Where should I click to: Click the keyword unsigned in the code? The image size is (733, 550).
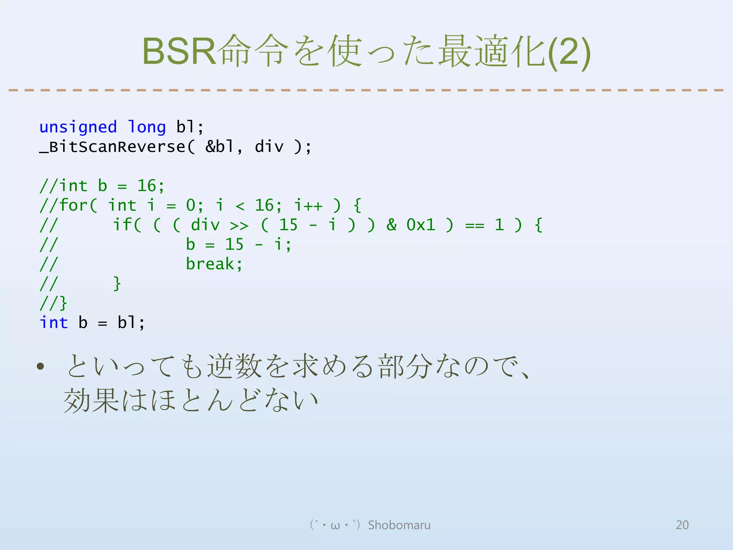(78, 127)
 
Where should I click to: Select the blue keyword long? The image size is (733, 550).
(147, 127)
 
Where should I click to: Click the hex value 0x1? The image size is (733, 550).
(421, 225)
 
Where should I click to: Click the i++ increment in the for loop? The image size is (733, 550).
(308, 206)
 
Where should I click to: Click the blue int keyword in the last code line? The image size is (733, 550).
(54, 323)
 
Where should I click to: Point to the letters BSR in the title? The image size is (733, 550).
(179, 51)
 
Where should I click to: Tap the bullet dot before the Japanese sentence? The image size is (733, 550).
(40, 366)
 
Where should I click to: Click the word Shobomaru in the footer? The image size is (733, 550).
(399, 525)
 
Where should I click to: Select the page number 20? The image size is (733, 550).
(682, 525)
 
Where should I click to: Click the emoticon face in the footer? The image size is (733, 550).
(335, 525)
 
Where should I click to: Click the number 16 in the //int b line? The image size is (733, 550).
(147, 186)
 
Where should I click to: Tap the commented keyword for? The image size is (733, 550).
(73, 206)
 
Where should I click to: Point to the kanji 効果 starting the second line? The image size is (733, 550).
(91, 400)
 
